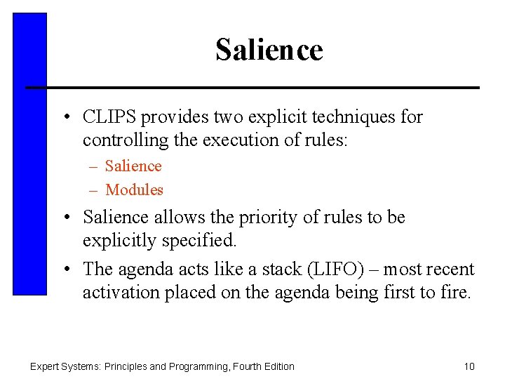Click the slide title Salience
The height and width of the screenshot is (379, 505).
point(269,51)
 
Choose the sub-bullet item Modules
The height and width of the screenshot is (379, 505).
point(134,189)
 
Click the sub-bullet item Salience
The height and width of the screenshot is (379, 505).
point(133,166)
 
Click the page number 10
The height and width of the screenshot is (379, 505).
point(469,366)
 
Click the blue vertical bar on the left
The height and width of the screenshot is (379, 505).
point(30,154)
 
